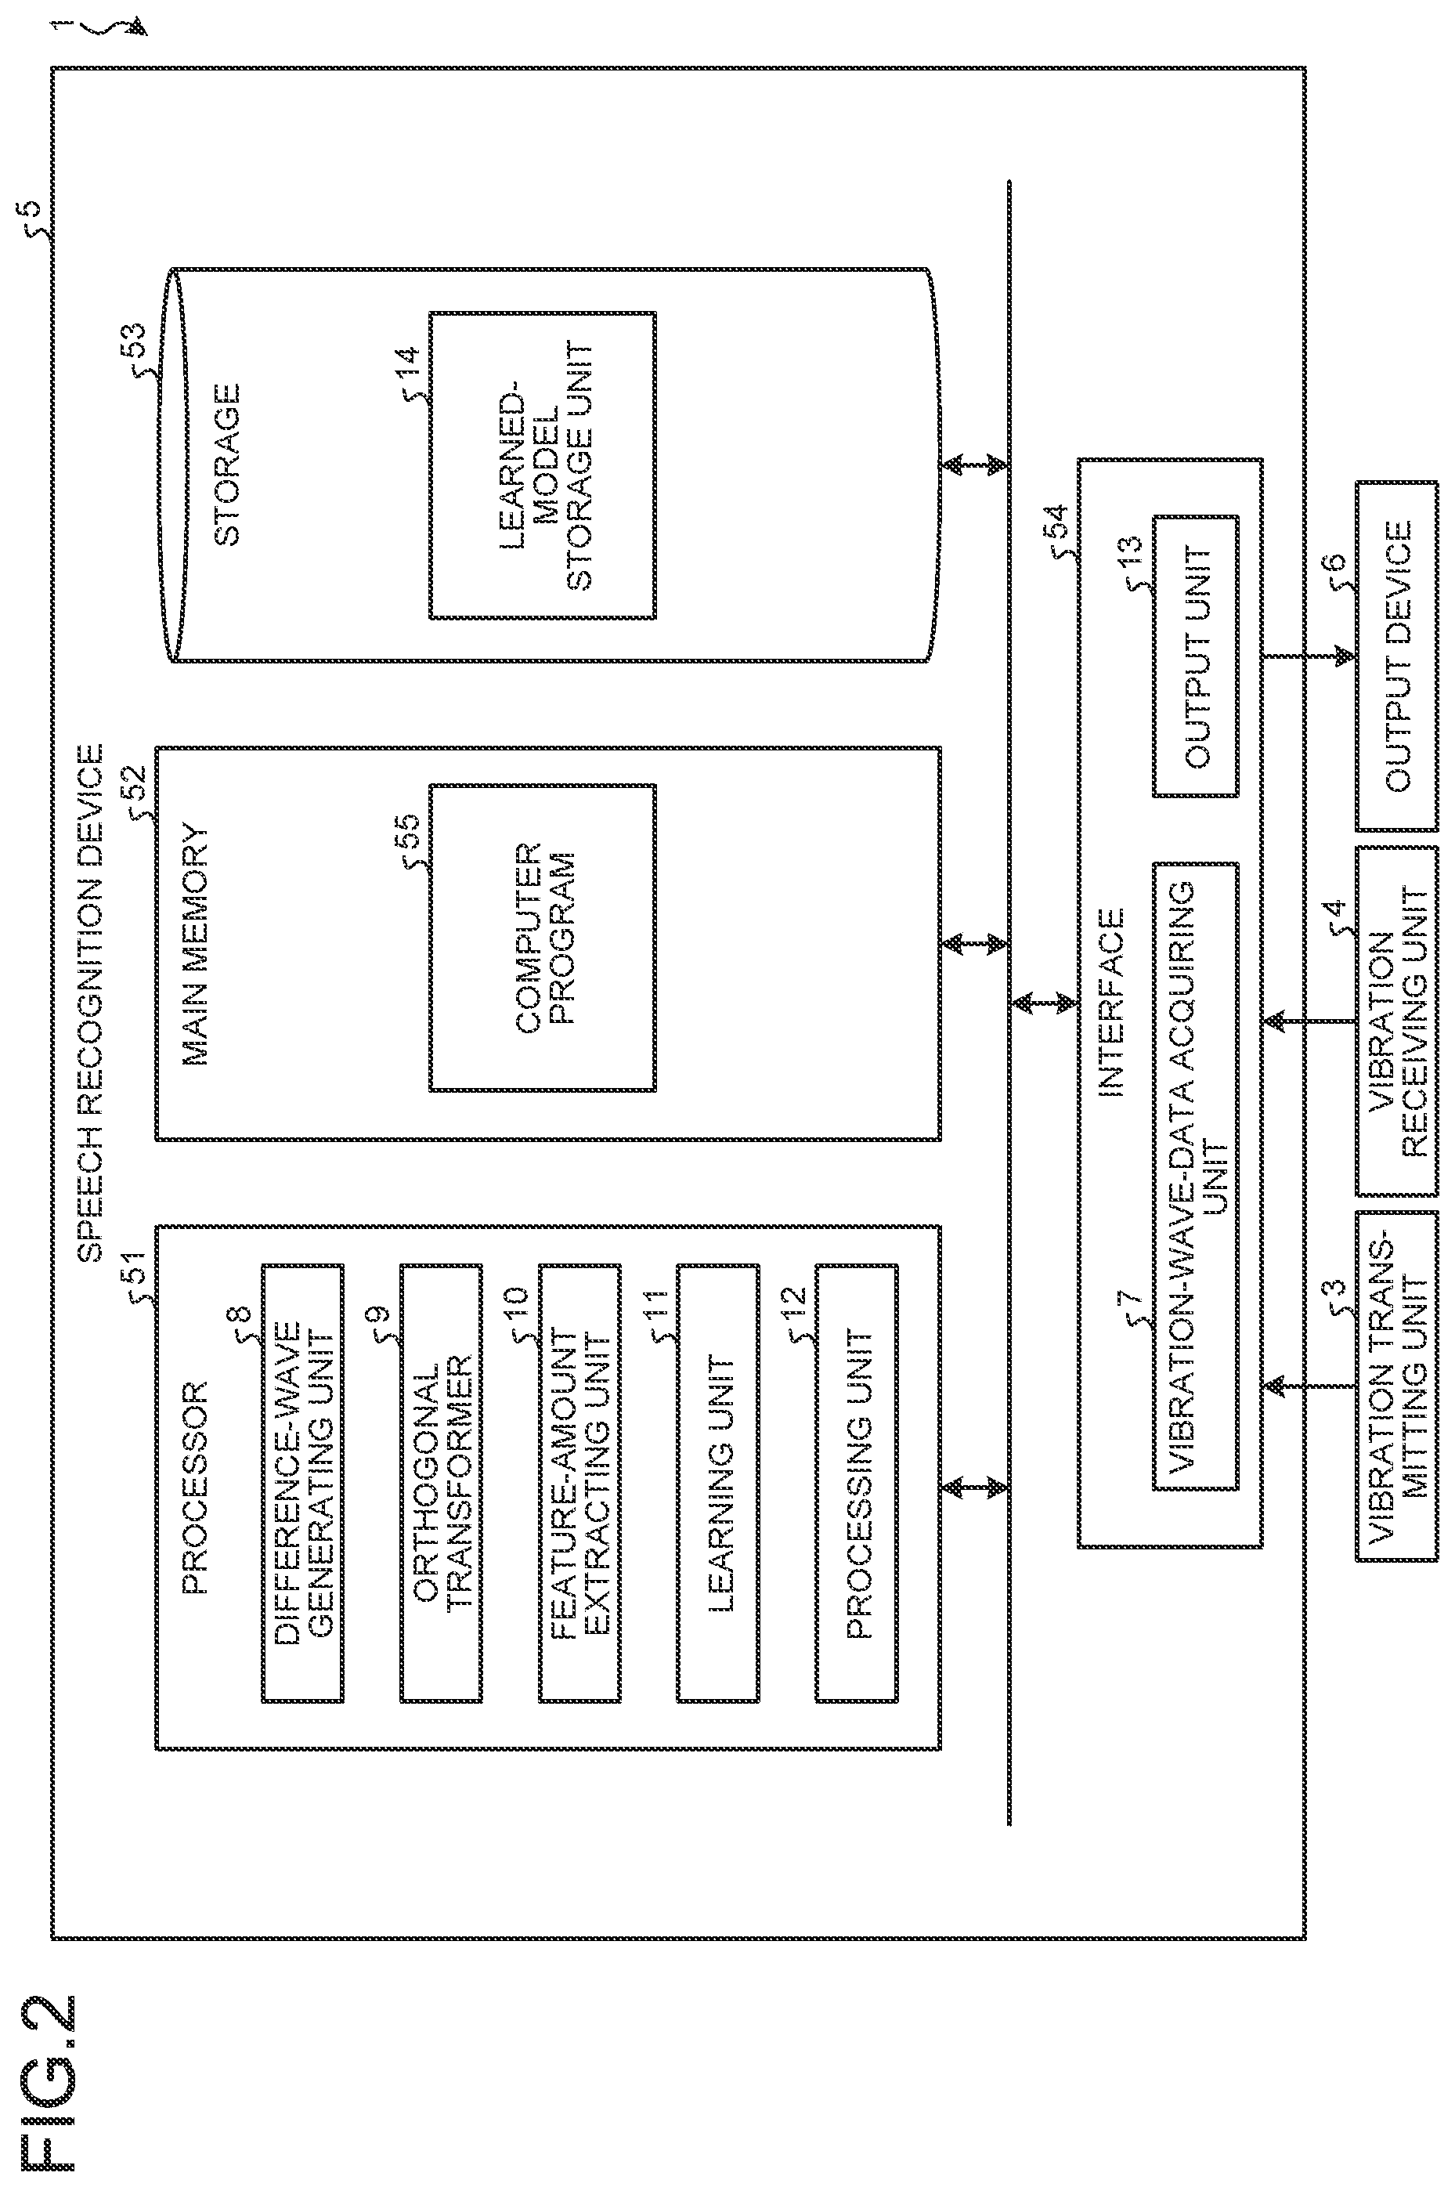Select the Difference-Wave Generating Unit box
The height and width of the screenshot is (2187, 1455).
coord(302,1484)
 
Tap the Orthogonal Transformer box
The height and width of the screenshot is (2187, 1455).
coord(441,1484)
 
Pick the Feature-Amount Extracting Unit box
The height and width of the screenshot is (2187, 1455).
coord(580,1484)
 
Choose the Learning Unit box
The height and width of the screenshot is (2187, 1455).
coord(718,1484)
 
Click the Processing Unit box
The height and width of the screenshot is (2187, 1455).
coord(857,1484)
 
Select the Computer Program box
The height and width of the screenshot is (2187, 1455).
coord(543,938)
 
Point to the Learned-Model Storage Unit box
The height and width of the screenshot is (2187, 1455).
coord(543,465)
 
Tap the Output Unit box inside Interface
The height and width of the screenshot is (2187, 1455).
coord(1195,656)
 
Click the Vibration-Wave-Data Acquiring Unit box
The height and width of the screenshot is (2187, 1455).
coord(1195,1176)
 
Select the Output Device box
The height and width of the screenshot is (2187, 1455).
coord(1396,656)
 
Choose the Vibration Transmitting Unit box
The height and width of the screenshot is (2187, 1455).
coord(1396,1386)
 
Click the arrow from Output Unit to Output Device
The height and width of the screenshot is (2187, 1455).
coord(1309,656)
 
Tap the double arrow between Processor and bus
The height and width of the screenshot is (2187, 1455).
coord(974,1488)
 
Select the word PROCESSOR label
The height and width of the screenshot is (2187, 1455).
coord(196,1488)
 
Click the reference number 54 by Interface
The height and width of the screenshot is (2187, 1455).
coord(1057,526)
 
